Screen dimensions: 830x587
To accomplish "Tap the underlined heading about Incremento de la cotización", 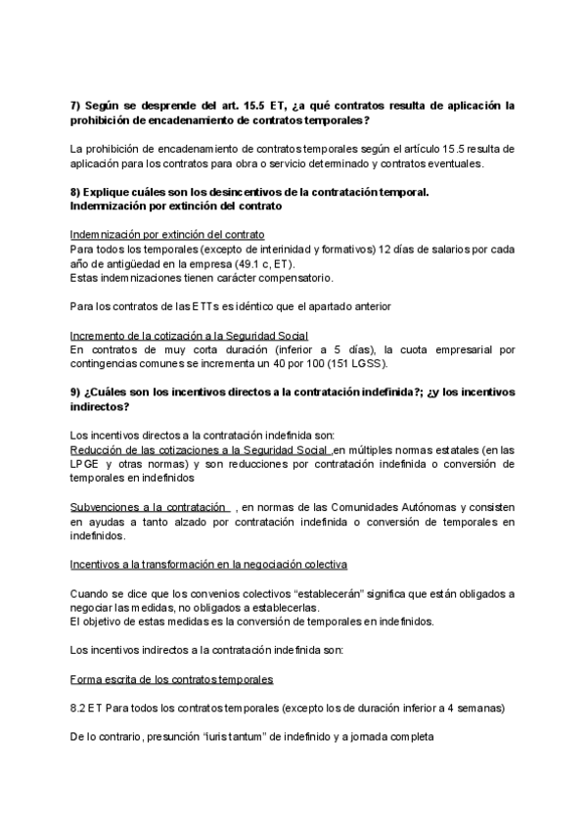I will click(x=189, y=335).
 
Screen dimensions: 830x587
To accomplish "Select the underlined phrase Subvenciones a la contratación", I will click(x=148, y=507).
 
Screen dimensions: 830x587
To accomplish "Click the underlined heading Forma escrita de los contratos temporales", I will click(x=171, y=679).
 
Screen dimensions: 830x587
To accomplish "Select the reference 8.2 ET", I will click(x=88, y=708).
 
